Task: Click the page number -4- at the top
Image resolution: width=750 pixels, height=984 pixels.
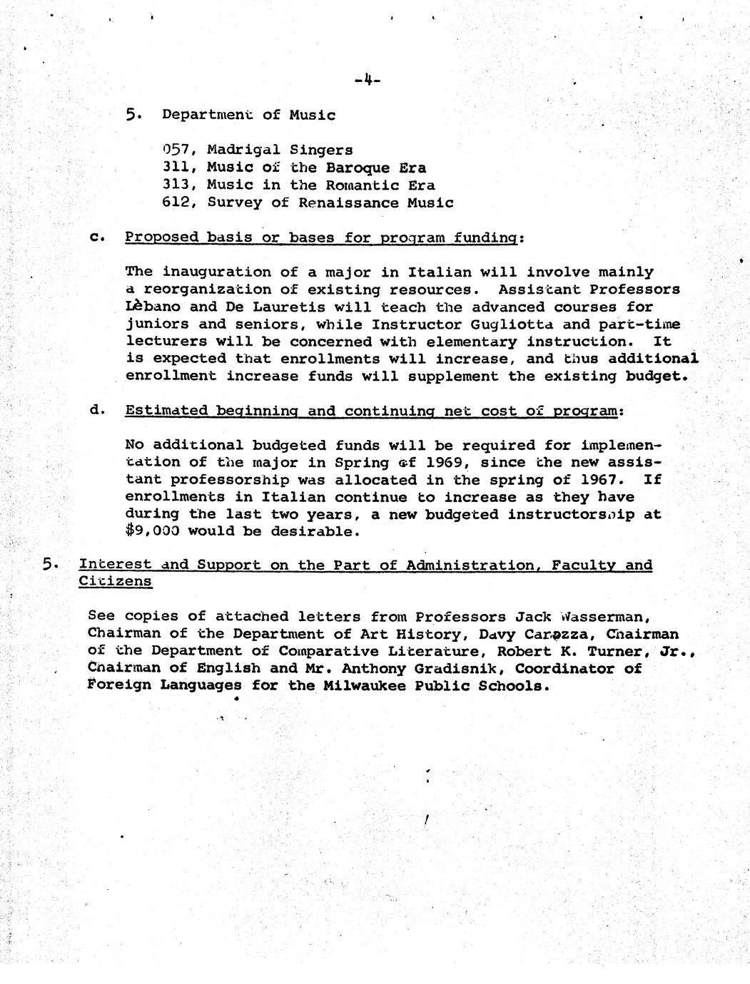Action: click(367, 80)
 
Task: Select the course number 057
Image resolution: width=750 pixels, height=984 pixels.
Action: click(175, 150)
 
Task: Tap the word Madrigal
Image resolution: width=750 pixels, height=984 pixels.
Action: click(243, 150)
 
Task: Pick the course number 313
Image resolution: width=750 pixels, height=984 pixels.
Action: click(175, 185)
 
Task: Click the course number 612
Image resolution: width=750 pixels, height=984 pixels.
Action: click(175, 203)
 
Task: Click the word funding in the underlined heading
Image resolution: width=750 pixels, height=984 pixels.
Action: click(491, 237)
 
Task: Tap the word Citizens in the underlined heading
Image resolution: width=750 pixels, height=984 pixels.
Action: click(115, 581)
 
